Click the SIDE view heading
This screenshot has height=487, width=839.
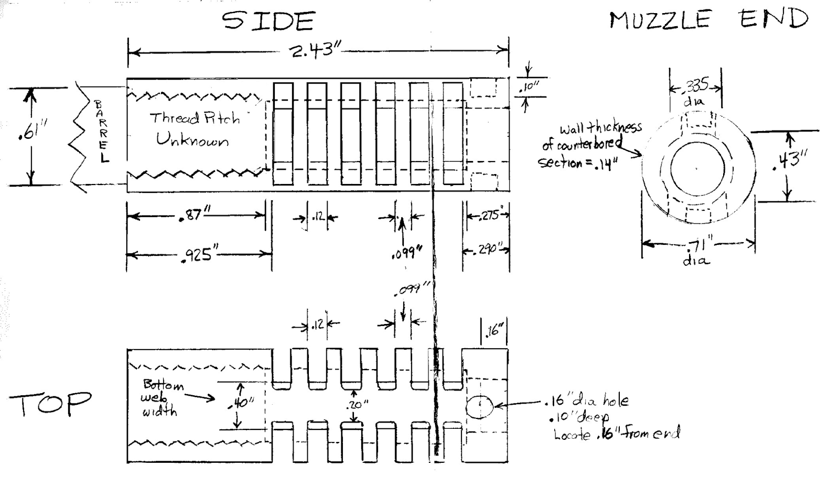(268, 22)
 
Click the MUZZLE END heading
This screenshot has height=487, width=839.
(708, 20)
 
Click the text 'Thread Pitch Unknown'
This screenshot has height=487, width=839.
(195, 129)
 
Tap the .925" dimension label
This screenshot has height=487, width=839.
(198, 255)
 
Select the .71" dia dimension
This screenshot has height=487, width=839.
(698, 250)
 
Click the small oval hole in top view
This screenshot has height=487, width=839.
(479, 408)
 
